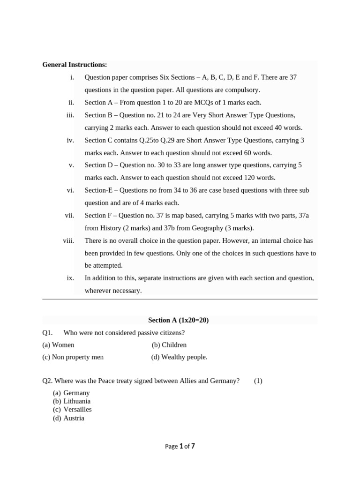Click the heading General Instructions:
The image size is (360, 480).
pos(75,65)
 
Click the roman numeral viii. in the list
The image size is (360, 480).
pos(68,240)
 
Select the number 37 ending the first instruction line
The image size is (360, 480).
pos(292,77)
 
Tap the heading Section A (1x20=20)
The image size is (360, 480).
pos(178,320)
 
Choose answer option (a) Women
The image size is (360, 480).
pos(58,345)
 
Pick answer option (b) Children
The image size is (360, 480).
pos(169,345)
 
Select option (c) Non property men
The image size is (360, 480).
pos(73,357)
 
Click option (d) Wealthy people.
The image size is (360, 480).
pos(179,357)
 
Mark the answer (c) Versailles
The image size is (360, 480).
pos(72,410)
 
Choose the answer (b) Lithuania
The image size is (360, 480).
pos(72,401)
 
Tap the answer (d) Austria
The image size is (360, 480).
pos(68,418)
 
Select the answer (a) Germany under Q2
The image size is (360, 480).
pos(71,393)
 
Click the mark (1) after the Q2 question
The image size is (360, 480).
pos(258,381)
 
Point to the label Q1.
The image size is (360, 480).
pos(46,332)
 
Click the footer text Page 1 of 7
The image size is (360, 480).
pos(180,446)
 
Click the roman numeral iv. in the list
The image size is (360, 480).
pos(70,140)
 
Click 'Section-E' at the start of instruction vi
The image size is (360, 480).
pos(98,190)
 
